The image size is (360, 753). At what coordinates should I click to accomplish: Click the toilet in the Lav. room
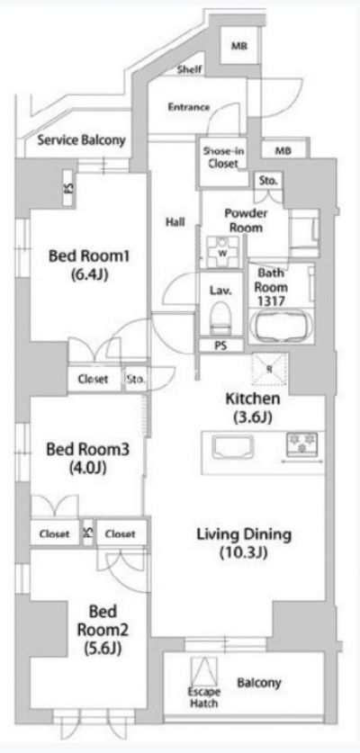pyautogui.click(x=220, y=318)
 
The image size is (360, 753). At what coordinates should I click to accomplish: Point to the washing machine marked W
pyautogui.click(x=222, y=252)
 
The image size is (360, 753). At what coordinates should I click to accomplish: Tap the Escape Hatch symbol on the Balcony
pyautogui.click(x=203, y=672)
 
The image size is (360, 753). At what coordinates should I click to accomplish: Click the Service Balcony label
pyautogui.click(x=81, y=140)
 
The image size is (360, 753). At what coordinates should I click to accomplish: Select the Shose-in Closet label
pyautogui.click(x=223, y=157)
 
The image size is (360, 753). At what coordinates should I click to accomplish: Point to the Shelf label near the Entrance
pyautogui.click(x=189, y=69)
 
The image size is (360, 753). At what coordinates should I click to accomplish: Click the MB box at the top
pyautogui.click(x=239, y=46)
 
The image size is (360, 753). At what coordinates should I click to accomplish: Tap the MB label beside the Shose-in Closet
pyautogui.click(x=283, y=151)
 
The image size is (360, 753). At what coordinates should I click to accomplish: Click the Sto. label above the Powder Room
pyautogui.click(x=268, y=181)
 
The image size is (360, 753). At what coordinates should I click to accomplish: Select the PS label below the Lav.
pyautogui.click(x=220, y=345)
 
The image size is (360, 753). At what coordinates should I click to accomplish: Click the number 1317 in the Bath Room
pyautogui.click(x=271, y=301)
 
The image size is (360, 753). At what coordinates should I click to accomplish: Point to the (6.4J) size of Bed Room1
pyautogui.click(x=89, y=275)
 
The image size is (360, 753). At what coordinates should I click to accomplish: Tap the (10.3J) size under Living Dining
pyautogui.click(x=243, y=553)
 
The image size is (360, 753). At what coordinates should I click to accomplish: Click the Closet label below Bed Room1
pyautogui.click(x=94, y=379)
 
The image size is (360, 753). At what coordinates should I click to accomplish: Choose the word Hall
pyautogui.click(x=175, y=222)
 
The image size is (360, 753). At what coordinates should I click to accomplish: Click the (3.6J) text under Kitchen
pyautogui.click(x=253, y=417)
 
